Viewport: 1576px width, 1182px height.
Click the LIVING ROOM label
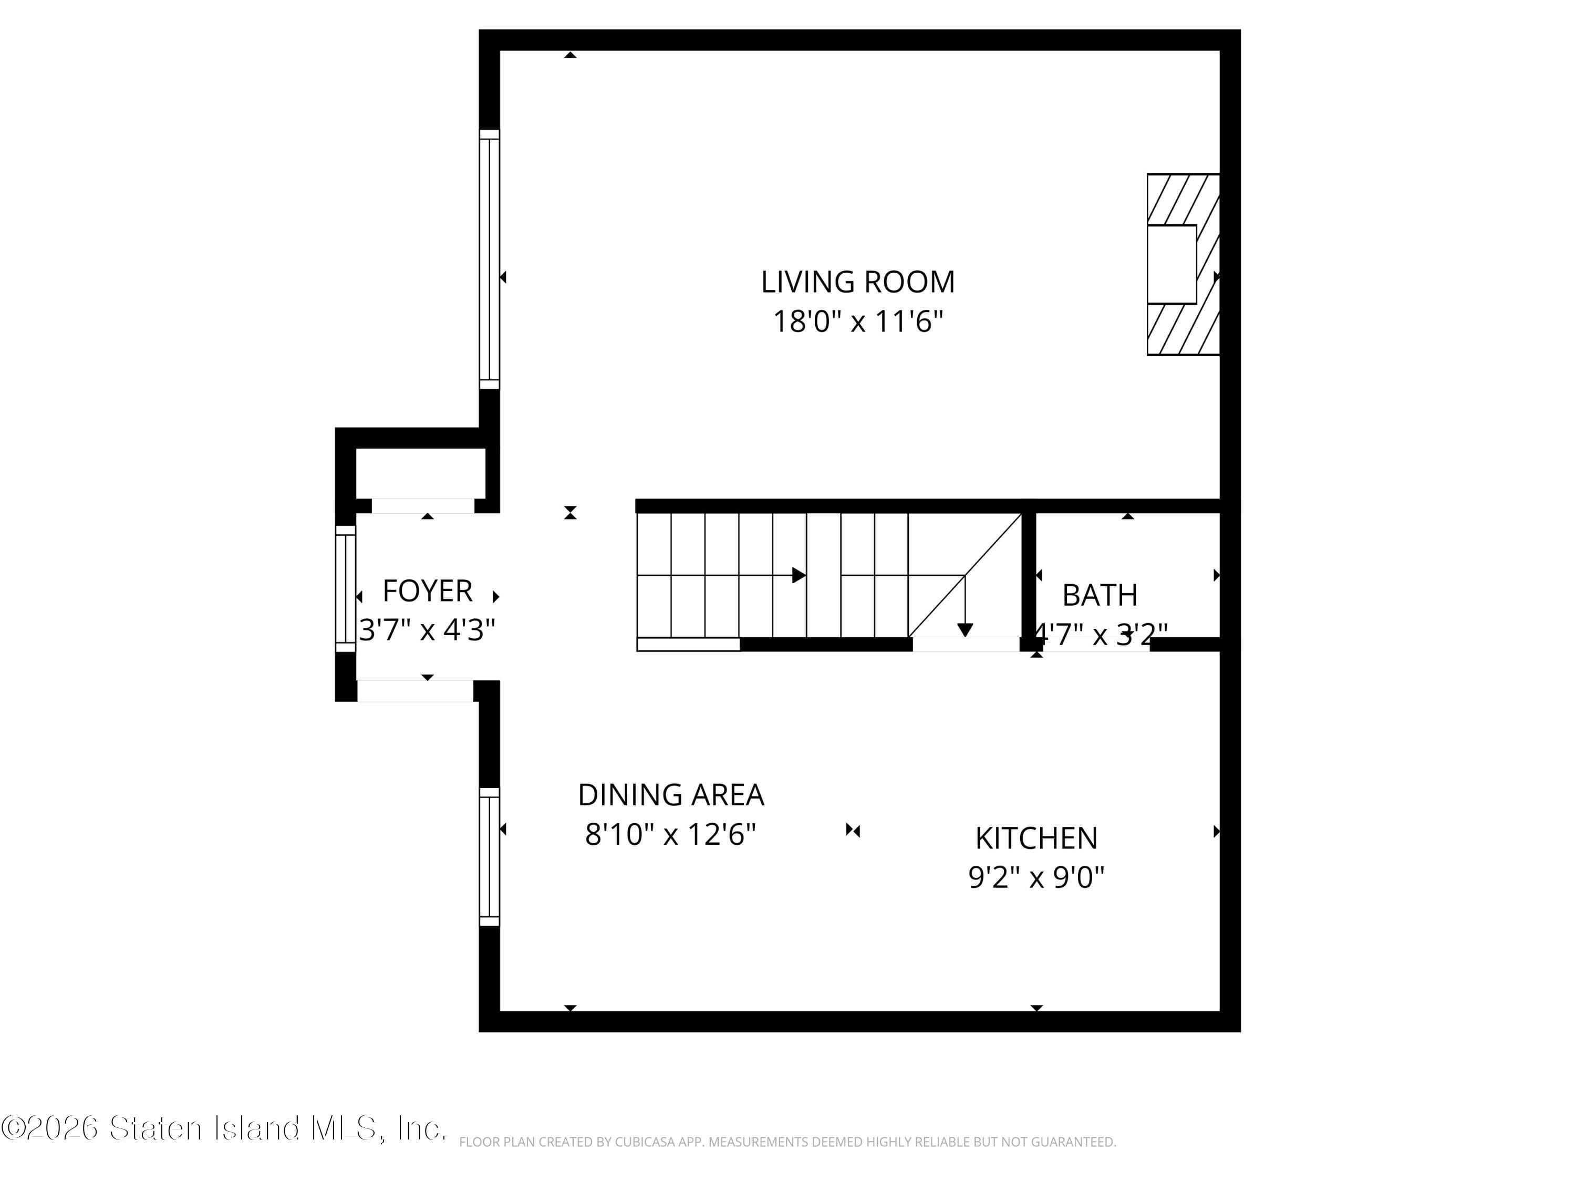click(857, 282)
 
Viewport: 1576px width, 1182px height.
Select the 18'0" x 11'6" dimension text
click(857, 322)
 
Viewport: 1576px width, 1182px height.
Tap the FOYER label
click(428, 590)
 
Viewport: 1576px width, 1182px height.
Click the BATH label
click(1100, 595)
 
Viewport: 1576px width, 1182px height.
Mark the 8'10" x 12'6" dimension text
click(670, 834)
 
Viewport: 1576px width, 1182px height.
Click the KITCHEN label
click(1036, 838)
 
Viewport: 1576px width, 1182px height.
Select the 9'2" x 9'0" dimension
click(1036, 877)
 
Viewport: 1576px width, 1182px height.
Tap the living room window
click(490, 260)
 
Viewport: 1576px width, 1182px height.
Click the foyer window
click(346, 588)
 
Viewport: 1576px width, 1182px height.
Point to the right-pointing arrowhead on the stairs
click(800, 575)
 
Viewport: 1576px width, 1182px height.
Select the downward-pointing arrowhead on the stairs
click(965, 630)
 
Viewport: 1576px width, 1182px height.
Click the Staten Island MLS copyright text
click(224, 1128)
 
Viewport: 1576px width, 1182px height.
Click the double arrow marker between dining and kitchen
click(853, 830)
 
